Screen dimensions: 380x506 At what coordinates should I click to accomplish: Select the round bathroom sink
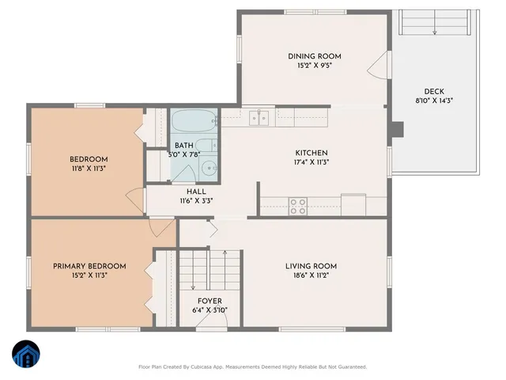(210, 167)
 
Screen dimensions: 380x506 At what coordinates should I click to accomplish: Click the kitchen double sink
(259, 119)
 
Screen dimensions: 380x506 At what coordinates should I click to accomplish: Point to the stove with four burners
(298, 206)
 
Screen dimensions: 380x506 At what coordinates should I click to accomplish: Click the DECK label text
(434, 91)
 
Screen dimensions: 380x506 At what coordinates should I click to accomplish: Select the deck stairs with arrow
(434, 23)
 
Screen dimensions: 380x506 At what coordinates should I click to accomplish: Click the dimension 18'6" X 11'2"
(311, 275)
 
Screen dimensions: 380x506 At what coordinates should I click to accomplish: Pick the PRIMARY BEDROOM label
(89, 266)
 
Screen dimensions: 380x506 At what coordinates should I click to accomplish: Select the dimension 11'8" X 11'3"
(88, 169)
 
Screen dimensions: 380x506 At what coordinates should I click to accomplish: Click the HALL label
(196, 192)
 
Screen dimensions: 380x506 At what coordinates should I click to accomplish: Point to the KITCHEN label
(312, 153)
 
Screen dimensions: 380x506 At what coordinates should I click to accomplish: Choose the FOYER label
(210, 301)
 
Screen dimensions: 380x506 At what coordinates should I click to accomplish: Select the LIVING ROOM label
(311, 266)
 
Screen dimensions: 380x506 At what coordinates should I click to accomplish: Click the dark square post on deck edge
(399, 128)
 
